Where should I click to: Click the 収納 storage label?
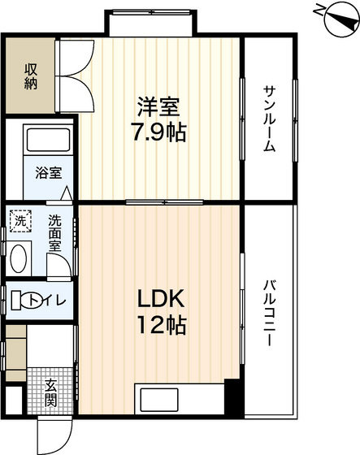(31, 76)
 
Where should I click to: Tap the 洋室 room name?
(158, 107)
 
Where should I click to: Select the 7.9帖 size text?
(158, 132)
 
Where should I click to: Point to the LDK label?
(161, 299)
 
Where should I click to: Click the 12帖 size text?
(162, 325)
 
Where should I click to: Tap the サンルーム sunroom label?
(269, 119)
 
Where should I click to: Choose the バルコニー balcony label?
(269, 313)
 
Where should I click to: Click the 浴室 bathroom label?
(49, 172)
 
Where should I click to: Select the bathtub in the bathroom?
(48, 140)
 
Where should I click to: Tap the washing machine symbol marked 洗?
(20, 221)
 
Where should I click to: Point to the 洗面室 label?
(54, 233)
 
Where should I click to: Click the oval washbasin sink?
(19, 258)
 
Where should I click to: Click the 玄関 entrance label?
(51, 392)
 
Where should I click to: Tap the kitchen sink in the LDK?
(158, 400)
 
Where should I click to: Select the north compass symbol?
(341, 19)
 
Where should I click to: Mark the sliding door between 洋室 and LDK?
(164, 202)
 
